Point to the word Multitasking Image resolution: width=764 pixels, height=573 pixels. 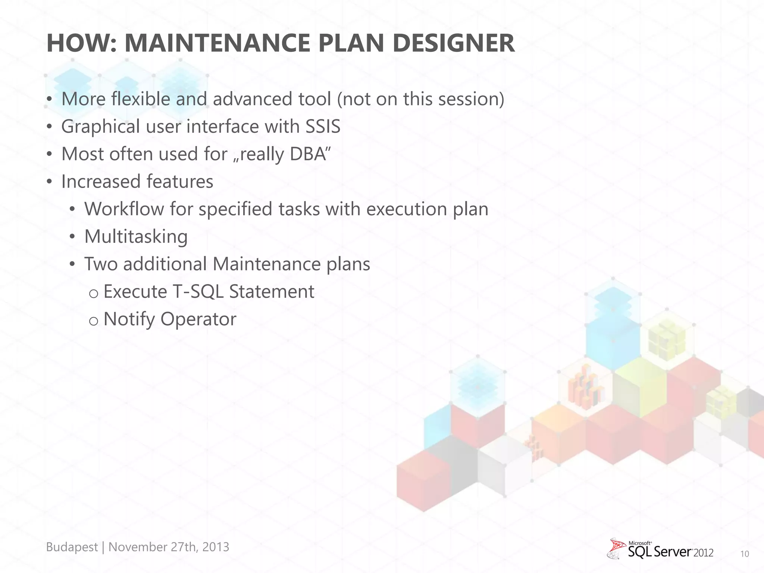tap(136, 237)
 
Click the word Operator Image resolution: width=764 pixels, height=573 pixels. tap(198, 320)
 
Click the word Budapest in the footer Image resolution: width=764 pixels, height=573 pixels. tap(72, 547)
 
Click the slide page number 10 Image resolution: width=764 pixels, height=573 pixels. tap(744, 554)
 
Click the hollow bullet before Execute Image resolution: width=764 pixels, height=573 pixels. tap(94, 294)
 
